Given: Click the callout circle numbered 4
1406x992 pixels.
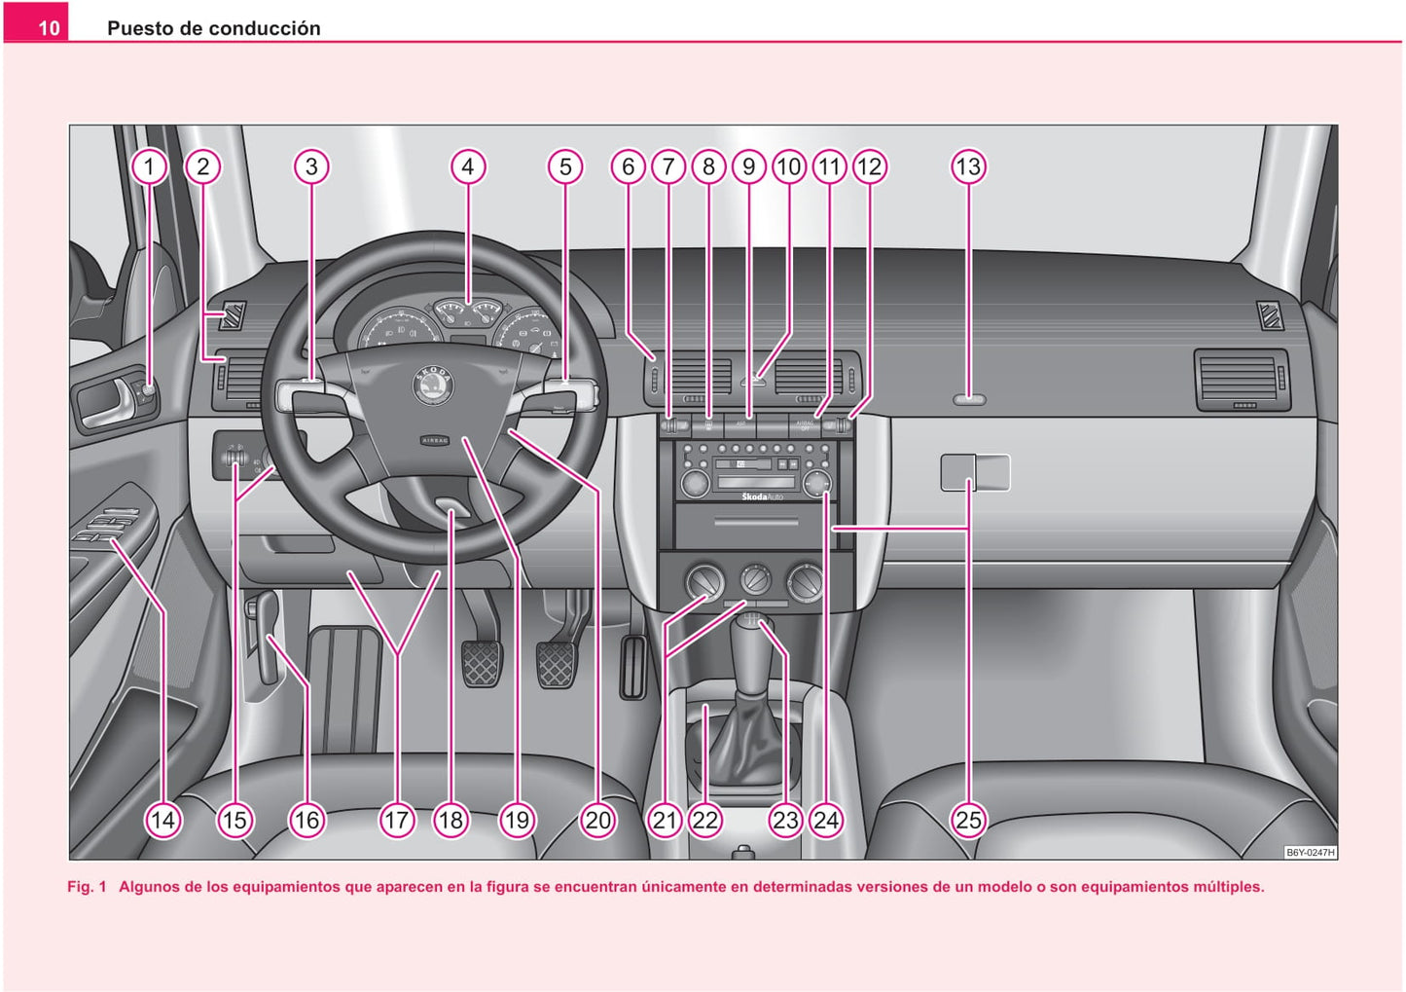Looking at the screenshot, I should coord(468,166).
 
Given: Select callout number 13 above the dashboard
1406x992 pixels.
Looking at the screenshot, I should coord(968,166).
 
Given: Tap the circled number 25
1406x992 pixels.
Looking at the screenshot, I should coord(968,820).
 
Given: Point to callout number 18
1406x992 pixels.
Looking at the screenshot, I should coord(451,820).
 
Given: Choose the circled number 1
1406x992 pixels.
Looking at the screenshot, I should coord(149,166).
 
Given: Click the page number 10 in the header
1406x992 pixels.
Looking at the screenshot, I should coord(49,28).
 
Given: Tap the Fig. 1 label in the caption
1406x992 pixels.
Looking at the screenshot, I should coord(87,887).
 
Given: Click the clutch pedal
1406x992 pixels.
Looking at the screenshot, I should coord(481,663).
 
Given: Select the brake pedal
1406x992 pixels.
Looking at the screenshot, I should coord(556,663).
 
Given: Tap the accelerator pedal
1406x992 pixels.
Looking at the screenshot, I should coord(632,667).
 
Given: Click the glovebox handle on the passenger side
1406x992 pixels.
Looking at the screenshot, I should coord(975,473).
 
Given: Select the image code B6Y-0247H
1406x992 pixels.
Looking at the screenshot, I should coord(1311,853).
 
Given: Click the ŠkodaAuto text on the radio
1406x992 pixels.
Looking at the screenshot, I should coord(762,496).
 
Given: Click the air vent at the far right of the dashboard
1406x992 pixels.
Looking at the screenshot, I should coord(1240,378).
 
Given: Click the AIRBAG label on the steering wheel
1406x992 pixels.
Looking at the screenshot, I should coord(435,440).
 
